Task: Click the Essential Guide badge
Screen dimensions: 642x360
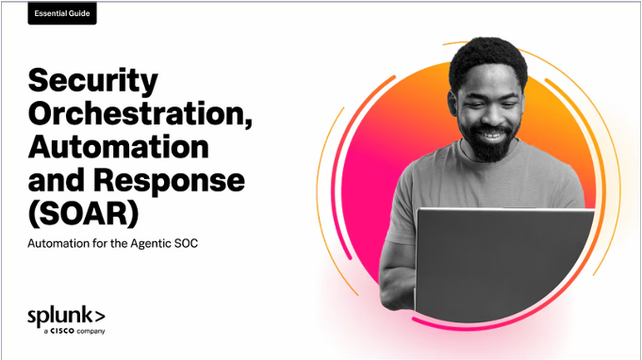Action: pos(62,13)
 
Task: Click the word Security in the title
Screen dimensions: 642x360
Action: pos(93,82)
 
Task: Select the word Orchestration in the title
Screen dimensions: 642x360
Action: pos(140,113)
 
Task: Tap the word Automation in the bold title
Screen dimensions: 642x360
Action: pos(119,146)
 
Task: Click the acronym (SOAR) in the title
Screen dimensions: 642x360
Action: pos(84,214)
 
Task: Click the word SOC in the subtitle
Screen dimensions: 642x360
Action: pos(187,243)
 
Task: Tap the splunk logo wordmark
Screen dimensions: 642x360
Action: pos(66,317)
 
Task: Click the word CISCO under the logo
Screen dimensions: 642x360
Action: pos(62,331)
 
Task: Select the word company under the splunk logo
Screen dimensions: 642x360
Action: pos(91,332)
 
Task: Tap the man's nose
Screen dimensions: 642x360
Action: pos(489,115)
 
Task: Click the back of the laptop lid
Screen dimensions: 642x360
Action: pos(504,265)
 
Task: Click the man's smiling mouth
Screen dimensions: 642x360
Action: pos(491,134)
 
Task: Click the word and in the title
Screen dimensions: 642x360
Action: pos(57,180)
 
